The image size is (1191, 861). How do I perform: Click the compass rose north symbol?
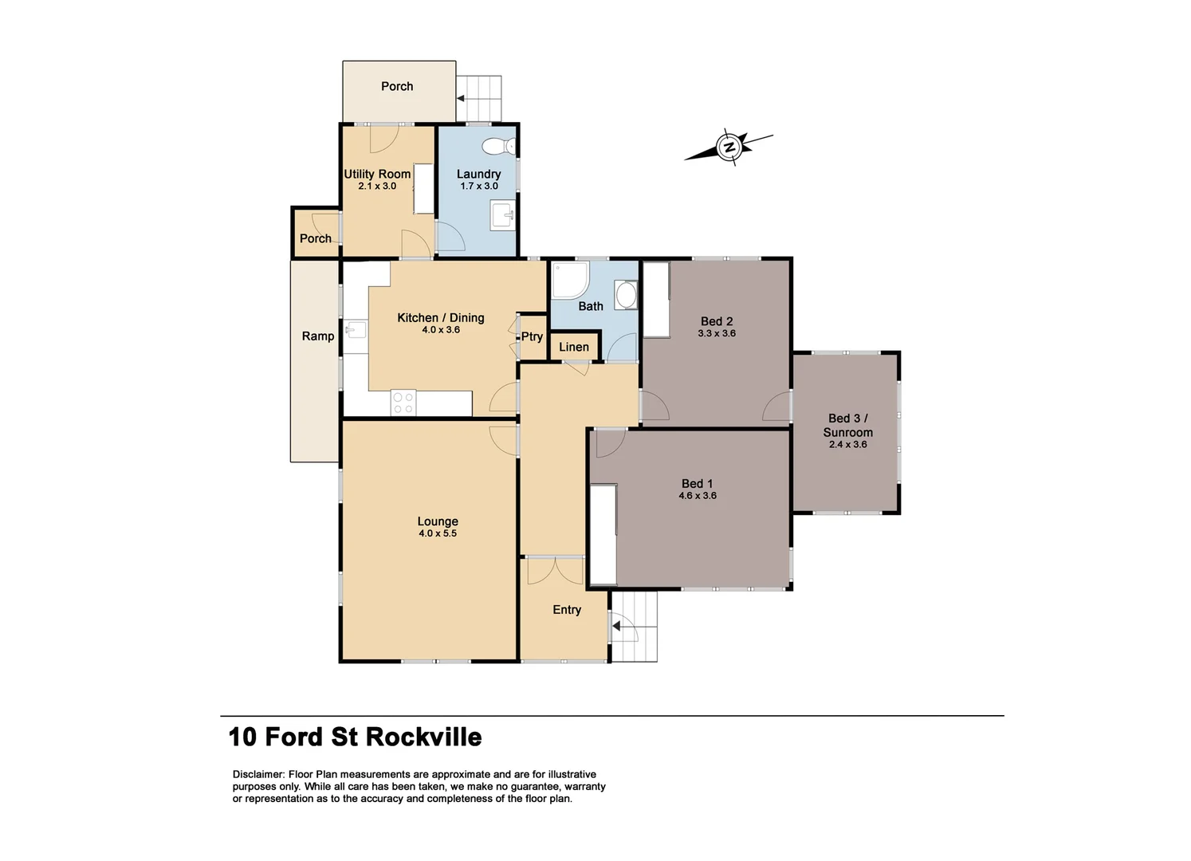point(729,147)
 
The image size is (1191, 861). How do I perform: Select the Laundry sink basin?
point(502,215)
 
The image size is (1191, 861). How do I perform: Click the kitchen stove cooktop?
point(403,403)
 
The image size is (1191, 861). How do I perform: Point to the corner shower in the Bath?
point(569,280)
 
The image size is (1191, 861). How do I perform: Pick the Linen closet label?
point(574,347)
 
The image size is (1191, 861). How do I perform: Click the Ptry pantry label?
point(532,336)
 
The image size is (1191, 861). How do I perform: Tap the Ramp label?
point(317,336)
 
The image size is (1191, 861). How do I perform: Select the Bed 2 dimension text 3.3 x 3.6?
point(716,334)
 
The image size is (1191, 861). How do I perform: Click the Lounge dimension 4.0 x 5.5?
point(438,533)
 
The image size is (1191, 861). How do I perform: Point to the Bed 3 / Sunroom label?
point(847,425)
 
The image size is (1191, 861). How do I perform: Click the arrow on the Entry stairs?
point(616,626)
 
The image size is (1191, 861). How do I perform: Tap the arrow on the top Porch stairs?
point(461,98)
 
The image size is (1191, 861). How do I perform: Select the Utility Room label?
point(377,174)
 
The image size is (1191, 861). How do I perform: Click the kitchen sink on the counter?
point(356,328)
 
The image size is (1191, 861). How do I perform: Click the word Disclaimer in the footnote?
point(258,774)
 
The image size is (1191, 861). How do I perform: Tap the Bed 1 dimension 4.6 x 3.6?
point(698,496)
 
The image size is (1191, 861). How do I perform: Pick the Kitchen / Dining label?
point(441,317)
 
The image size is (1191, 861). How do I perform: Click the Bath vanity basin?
point(627,295)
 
